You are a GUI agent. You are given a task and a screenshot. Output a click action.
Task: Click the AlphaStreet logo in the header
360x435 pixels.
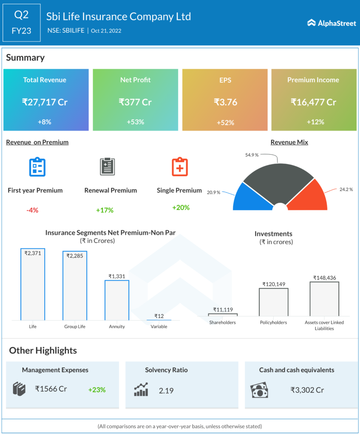point(332,23)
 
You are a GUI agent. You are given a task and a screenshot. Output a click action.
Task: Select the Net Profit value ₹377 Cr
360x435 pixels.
point(135,102)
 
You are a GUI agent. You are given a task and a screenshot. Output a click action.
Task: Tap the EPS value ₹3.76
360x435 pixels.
point(225,102)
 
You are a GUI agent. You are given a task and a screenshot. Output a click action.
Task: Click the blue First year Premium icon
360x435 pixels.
point(37,167)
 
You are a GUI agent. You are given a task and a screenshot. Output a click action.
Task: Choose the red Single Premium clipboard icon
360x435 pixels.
point(179,167)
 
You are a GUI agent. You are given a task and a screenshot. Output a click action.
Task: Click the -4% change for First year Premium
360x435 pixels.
point(32,210)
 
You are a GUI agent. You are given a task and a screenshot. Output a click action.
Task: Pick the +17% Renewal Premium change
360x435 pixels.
point(105,210)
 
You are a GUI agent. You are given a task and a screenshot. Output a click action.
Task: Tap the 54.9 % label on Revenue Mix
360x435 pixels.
point(252,155)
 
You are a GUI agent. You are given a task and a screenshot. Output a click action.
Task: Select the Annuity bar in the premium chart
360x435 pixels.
point(117,300)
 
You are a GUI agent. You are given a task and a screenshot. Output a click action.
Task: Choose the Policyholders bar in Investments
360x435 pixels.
point(273,302)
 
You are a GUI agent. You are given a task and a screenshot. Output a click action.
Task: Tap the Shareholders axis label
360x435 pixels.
point(223,322)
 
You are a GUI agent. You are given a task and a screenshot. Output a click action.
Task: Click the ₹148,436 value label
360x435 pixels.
point(324,278)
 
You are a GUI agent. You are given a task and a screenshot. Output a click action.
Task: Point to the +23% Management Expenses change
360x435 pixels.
point(97,390)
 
